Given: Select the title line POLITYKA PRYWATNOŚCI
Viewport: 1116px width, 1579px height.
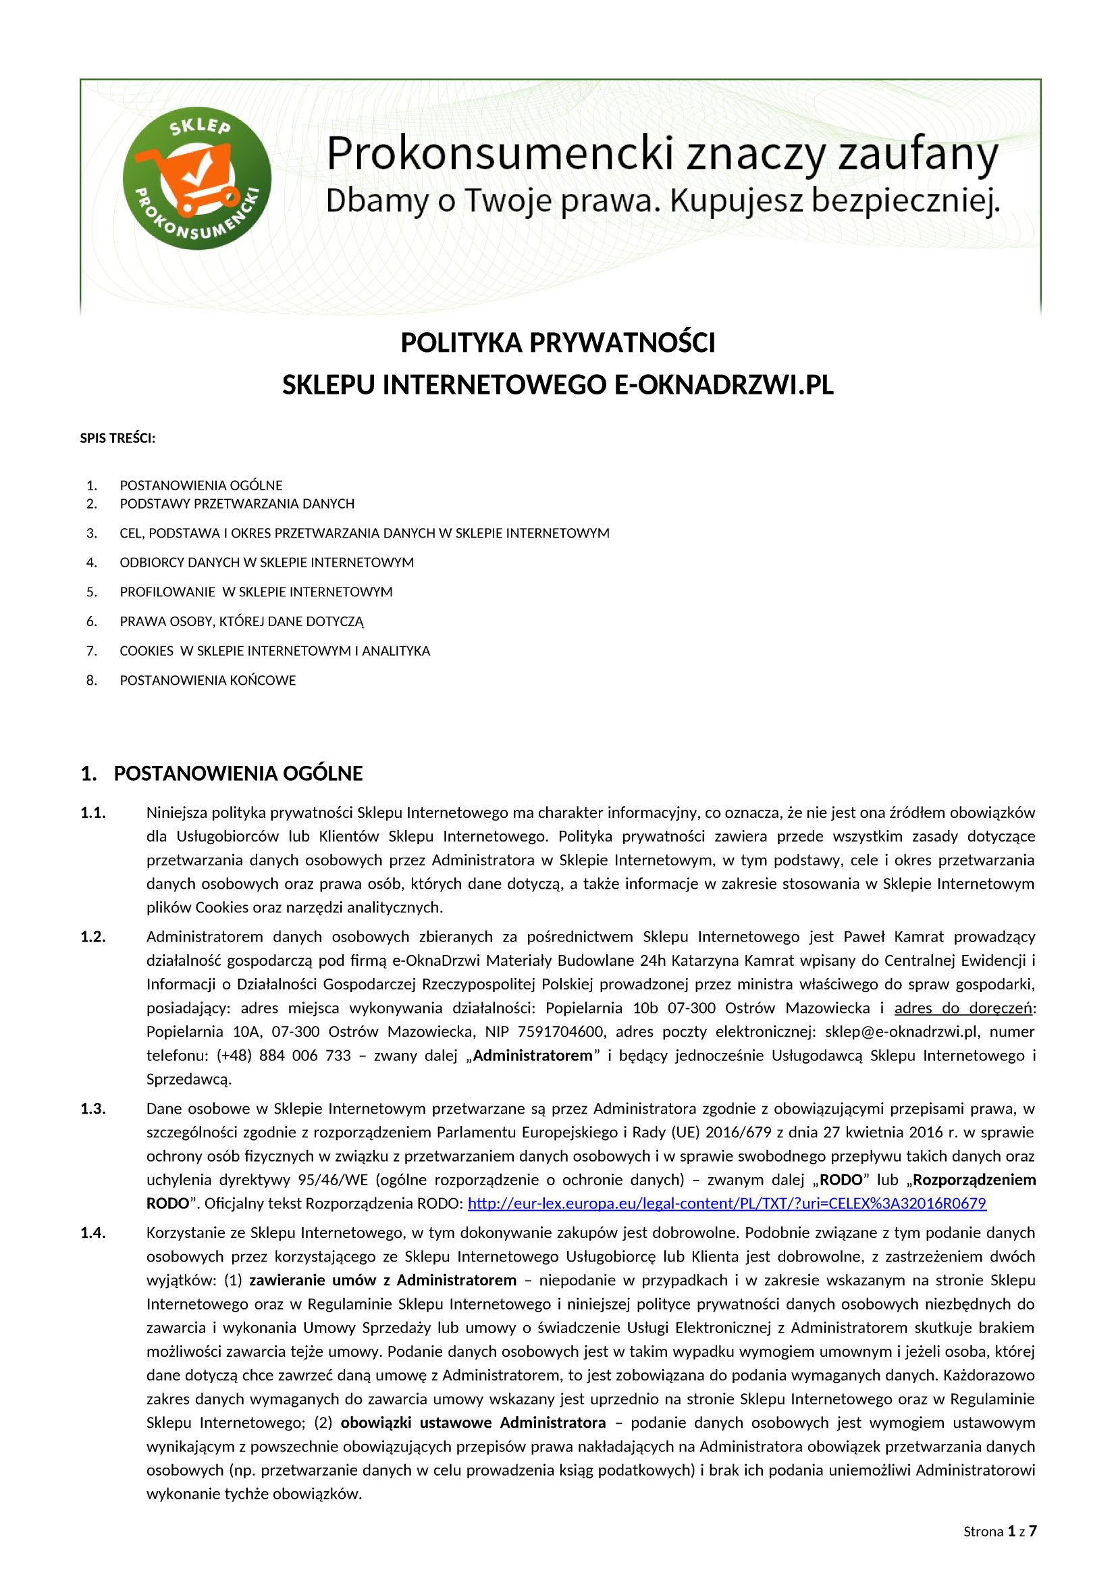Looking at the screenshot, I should pyautogui.click(x=558, y=342).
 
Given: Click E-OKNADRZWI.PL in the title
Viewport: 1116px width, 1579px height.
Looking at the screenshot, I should pyautogui.click(x=722, y=385).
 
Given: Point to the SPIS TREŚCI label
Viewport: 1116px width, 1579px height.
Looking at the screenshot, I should pyautogui.click(x=117, y=438).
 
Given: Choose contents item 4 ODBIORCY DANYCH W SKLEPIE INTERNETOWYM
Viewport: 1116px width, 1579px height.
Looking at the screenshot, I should pyautogui.click(x=267, y=563).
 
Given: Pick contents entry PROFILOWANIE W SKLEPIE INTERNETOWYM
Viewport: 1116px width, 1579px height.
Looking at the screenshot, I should pyautogui.click(x=256, y=592).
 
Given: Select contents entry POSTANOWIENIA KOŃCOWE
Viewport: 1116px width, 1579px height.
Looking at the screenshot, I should pyautogui.click(x=208, y=680).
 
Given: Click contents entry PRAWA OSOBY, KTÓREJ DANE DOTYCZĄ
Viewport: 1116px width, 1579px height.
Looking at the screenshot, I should pyautogui.click(x=242, y=622).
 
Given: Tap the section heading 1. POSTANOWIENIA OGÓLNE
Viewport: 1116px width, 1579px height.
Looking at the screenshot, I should pyautogui.click(x=221, y=774).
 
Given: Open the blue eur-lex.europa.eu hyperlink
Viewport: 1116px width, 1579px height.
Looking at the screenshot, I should pyautogui.click(x=727, y=1203).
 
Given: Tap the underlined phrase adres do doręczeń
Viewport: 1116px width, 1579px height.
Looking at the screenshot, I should pyautogui.click(x=963, y=1008).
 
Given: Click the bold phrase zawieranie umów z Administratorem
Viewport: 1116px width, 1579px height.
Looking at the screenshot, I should pyautogui.click(x=382, y=1280).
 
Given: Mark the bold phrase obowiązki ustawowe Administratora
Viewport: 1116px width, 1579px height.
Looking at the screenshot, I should pyautogui.click(x=473, y=1422).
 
